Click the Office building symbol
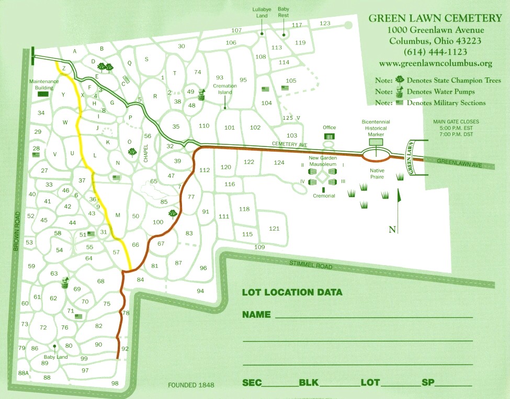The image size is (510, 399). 329,136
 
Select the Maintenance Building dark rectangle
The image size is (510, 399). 43,95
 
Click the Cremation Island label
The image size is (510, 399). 225,89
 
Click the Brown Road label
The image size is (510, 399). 16,231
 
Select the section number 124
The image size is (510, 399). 279,163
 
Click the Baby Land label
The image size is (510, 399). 55,357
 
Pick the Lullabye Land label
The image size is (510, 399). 262,13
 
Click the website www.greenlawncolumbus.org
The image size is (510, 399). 435,63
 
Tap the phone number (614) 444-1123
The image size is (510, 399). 435,52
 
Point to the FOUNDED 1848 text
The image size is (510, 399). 191,385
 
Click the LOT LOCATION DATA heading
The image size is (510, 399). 292,292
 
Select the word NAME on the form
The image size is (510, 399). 256,315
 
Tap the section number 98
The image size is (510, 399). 115,383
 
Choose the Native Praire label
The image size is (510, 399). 377,173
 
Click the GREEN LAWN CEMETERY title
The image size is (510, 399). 435,18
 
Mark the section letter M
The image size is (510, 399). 118,215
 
